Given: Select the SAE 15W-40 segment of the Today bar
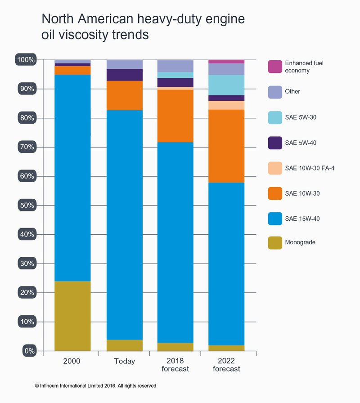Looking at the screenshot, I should pyautogui.click(x=125, y=225).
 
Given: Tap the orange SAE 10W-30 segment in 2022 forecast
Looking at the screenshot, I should pyautogui.click(x=226, y=146).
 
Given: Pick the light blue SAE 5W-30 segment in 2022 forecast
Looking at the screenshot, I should pyautogui.click(x=226, y=85).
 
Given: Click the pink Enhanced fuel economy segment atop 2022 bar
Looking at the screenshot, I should pyautogui.click(x=226, y=62).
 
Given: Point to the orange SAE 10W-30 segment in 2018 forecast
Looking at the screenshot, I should pyautogui.click(x=175, y=116).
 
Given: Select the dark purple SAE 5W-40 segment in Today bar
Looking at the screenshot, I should pyautogui.click(x=125, y=75).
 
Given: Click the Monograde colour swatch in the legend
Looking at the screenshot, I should pyautogui.click(x=274, y=242).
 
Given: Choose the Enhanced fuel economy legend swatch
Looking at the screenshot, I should pyautogui.click(x=274, y=67).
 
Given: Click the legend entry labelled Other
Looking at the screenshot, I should pyautogui.click(x=292, y=92).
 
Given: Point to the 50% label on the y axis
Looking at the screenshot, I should pyautogui.click(x=27, y=205).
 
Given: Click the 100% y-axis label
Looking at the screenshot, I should pyautogui.click(x=26, y=60).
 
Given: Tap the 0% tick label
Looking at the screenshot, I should pyautogui.click(x=28, y=351).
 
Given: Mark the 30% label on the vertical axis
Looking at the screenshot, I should pyautogui.click(x=27, y=264).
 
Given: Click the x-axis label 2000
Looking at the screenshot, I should pyautogui.click(x=72, y=361).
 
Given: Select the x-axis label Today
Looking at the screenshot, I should pyautogui.click(x=125, y=362).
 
